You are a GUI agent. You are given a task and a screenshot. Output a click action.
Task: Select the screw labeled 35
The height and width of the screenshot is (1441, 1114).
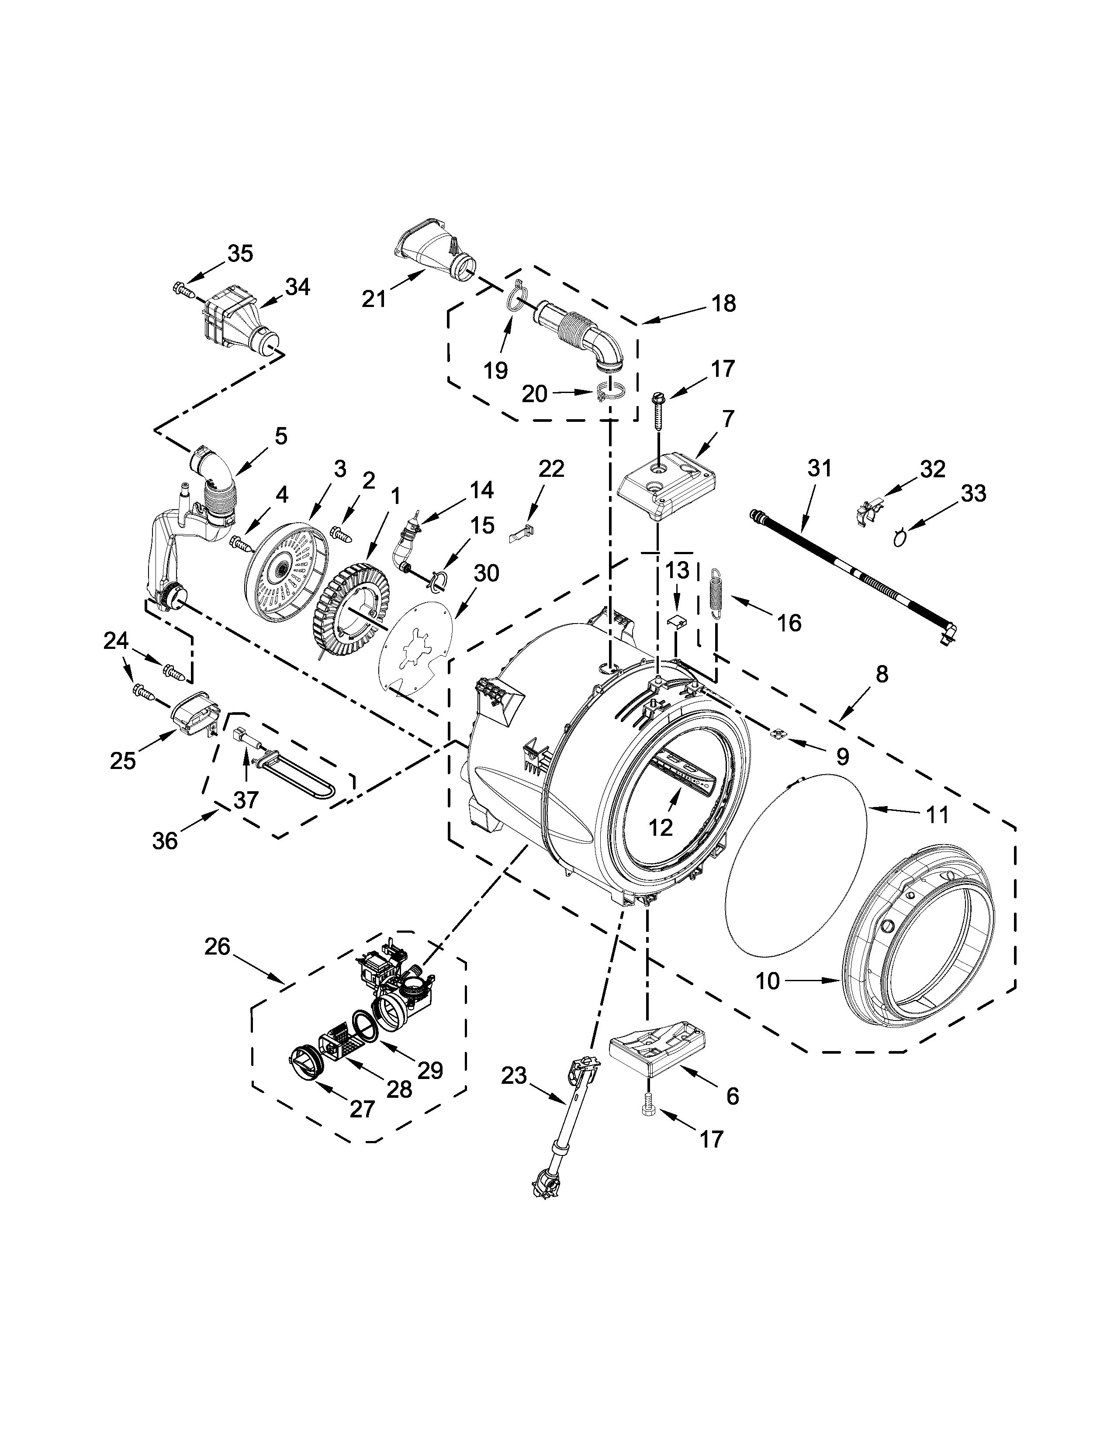point(181,288)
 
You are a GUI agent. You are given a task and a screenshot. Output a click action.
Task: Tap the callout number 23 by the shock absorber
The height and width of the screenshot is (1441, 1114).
point(514,1076)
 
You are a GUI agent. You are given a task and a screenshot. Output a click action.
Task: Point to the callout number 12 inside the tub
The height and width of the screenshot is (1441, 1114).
point(661,827)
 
